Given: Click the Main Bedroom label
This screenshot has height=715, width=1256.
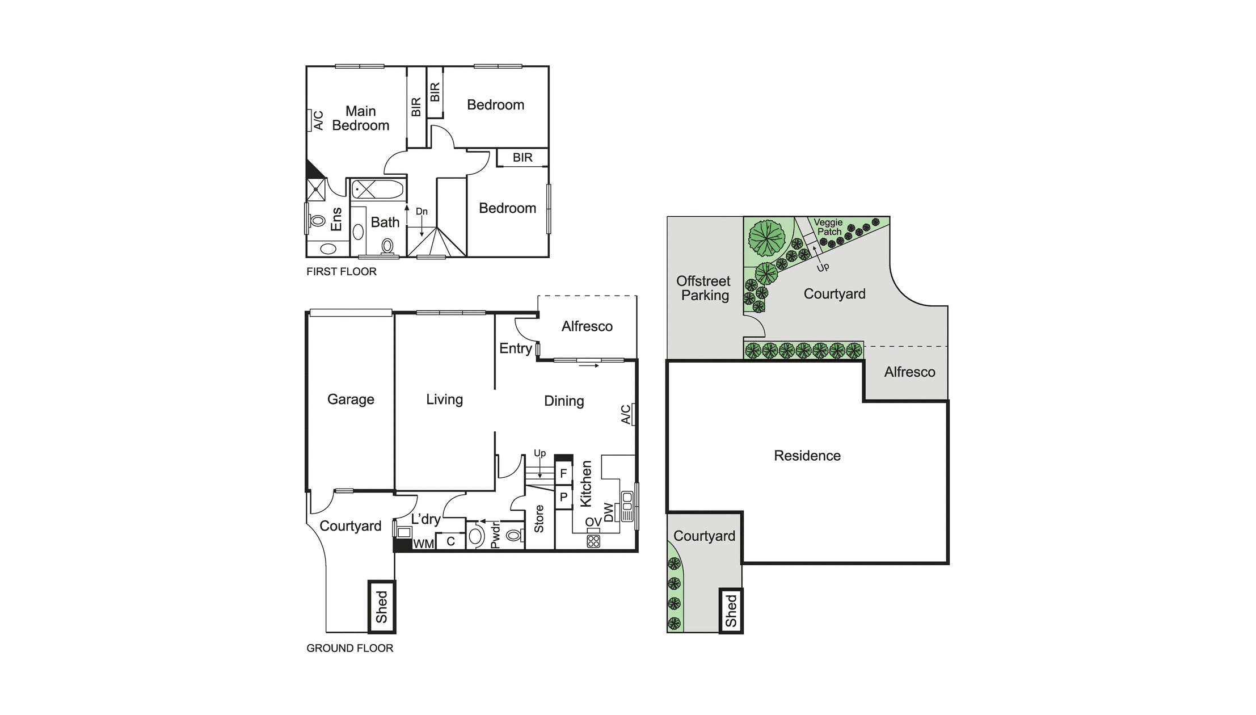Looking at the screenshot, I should tap(360, 119).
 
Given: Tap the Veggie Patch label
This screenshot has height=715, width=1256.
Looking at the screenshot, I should tap(829, 227).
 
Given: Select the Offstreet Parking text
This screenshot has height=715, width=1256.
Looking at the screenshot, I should tap(703, 288).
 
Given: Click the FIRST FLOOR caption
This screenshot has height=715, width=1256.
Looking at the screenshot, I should tap(342, 272).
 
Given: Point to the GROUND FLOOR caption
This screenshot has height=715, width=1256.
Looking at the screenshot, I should tap(349, 648).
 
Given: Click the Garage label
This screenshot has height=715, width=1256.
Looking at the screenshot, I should tap(351, 399).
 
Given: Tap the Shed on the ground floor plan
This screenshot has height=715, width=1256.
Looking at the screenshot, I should tap(382, 607).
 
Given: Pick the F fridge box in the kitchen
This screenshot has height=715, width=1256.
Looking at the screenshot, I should tap(563, 473).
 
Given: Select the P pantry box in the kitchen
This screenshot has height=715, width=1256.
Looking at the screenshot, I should tap(563, 498).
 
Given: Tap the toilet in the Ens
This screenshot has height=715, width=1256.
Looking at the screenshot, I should tap(317, 221).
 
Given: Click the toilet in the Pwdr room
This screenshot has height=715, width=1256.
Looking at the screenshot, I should tap(513, 535).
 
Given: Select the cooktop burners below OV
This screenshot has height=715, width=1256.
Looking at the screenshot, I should tap(593, 541).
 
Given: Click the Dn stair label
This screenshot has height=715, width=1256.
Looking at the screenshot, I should tap(422, 212).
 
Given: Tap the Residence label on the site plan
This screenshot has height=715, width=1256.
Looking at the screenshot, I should tap(807, 456).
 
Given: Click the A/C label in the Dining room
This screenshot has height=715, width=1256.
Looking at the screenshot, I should tap(625, 414).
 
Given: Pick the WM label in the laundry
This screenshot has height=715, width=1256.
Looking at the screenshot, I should tap(423, 544).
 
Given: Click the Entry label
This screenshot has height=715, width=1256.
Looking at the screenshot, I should tap(515, 348).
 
